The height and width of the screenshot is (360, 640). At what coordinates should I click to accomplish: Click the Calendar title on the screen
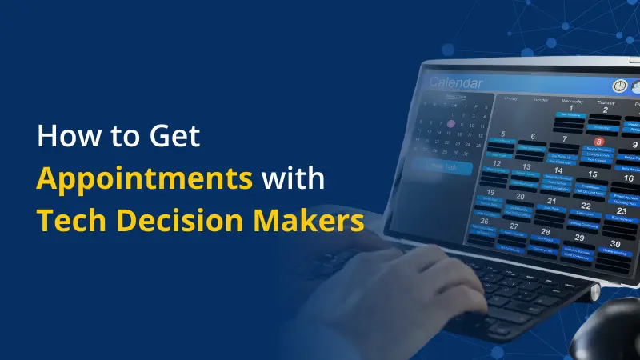point(456,82)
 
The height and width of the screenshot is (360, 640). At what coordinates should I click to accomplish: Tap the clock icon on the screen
point(620,86)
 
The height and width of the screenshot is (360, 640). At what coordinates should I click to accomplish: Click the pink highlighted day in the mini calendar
point(450,124)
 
